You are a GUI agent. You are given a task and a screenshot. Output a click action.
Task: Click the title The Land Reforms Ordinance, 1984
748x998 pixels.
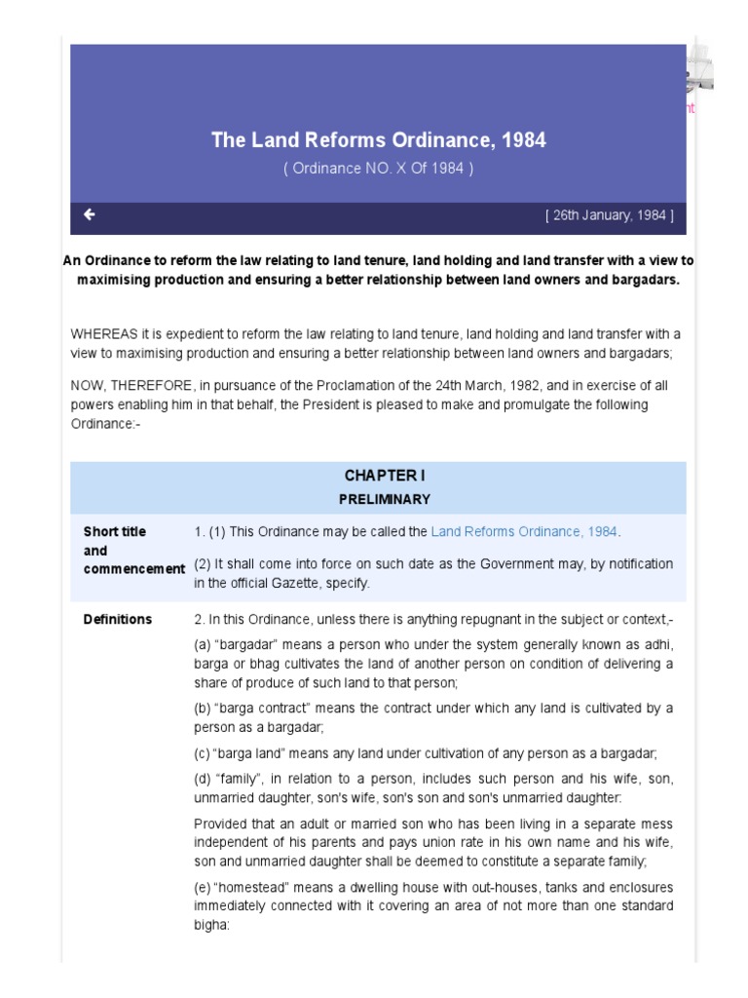(x=378, y=140)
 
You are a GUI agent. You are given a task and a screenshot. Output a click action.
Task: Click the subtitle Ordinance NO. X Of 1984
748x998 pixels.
(x=378, y=168)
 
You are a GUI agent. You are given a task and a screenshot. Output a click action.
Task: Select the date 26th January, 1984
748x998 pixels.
(x=609, y=215)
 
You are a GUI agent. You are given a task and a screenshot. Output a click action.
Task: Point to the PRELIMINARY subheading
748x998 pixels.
(x=384, y=499)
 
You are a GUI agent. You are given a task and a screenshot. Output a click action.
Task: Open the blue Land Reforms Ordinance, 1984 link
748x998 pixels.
(x=524, y=532)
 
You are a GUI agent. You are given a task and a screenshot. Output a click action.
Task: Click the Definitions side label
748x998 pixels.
(x=118, y=619)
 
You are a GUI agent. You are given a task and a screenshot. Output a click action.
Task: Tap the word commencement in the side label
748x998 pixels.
(x=133, y=569)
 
